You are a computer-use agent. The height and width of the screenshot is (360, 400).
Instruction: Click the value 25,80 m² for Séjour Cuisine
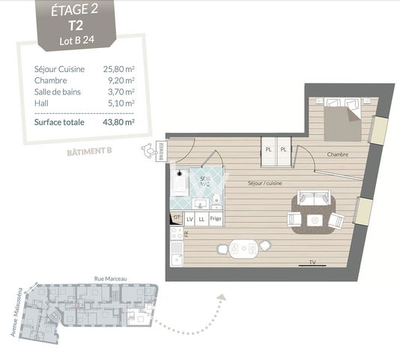(x=118, y=69)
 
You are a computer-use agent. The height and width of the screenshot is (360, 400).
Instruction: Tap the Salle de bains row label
(x=58, y=91)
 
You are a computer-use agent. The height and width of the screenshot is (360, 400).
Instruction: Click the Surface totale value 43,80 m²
(x=118, y=121)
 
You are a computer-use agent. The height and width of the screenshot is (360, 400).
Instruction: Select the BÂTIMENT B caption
(x=89, y=150)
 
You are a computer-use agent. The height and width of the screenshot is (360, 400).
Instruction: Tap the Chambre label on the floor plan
(x=339, y=154)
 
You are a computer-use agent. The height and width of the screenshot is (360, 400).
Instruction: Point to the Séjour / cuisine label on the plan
(x=266, y=183)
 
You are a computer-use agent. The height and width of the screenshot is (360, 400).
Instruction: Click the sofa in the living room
(x=315, y=198)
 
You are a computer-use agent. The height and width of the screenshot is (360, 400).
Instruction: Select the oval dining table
(x=243, y=247)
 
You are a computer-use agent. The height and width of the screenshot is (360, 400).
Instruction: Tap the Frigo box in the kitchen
(x=215, y=218)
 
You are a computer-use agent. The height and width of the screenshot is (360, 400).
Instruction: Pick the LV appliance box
(x=190, y=218)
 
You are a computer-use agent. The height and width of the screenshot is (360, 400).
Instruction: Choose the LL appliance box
(x=201, y=218)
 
